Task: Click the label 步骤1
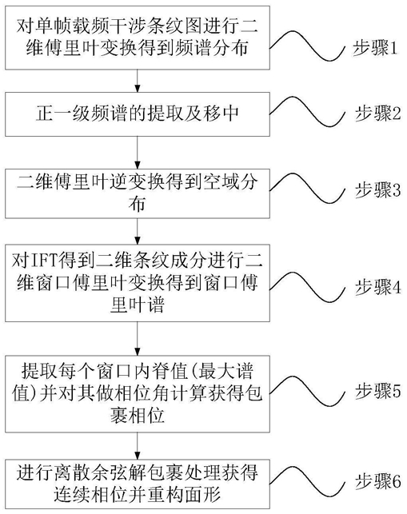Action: (375, 49)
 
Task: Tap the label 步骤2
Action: (377, 114)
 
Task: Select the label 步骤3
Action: (377, 189)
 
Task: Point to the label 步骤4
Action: (377, 287)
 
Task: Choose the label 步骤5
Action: (377, 390)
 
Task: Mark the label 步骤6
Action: (377, 481)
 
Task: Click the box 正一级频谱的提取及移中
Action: (138, 114)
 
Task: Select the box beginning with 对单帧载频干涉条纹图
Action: (138, 38)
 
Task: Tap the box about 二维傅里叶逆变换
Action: (138, 193)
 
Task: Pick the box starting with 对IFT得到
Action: (138, 283)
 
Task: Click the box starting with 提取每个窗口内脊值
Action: (138, 393)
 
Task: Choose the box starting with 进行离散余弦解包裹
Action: (138, 484)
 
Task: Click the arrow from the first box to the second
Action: (138, 81)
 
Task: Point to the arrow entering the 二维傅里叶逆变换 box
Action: (138, 153)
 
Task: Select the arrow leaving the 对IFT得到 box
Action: (138, 338)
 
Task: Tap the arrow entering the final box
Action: (138, 445)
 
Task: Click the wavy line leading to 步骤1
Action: (307, 46)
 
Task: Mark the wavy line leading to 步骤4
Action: (307, 285)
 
